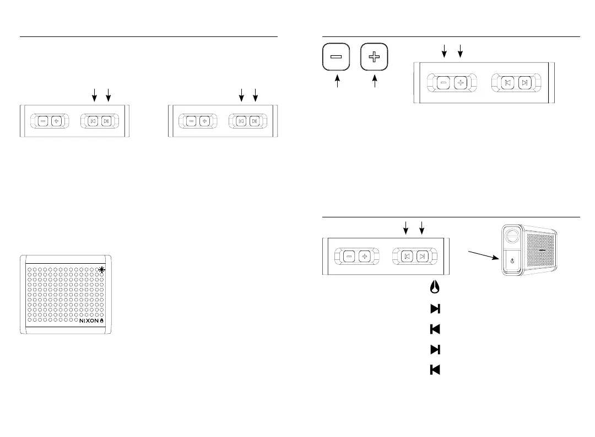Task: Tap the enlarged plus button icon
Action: pyautogui.click(x=375, y=58)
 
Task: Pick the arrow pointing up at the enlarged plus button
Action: pyautogui.click(x=375, y=82)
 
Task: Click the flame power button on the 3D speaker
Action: pyautogui.click(x=512, y=262)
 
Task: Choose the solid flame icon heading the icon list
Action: pyautogui.click(x=434, y=287)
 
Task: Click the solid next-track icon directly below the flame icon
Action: pyautogui.click(x=434, y=308)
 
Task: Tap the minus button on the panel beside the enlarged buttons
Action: pyautogui.click(x=444, y=83)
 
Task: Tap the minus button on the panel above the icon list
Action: pyautogui.click(x=349, y=256)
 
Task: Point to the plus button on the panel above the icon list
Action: pyautogui.click(x=364, y=256)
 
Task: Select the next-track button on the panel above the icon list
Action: pyautogui.click(x=422, y=256)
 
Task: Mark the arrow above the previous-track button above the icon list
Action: pyautogui.click(x=405, y=226)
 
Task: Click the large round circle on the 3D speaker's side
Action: pyautogui.click(x=512, y=235)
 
